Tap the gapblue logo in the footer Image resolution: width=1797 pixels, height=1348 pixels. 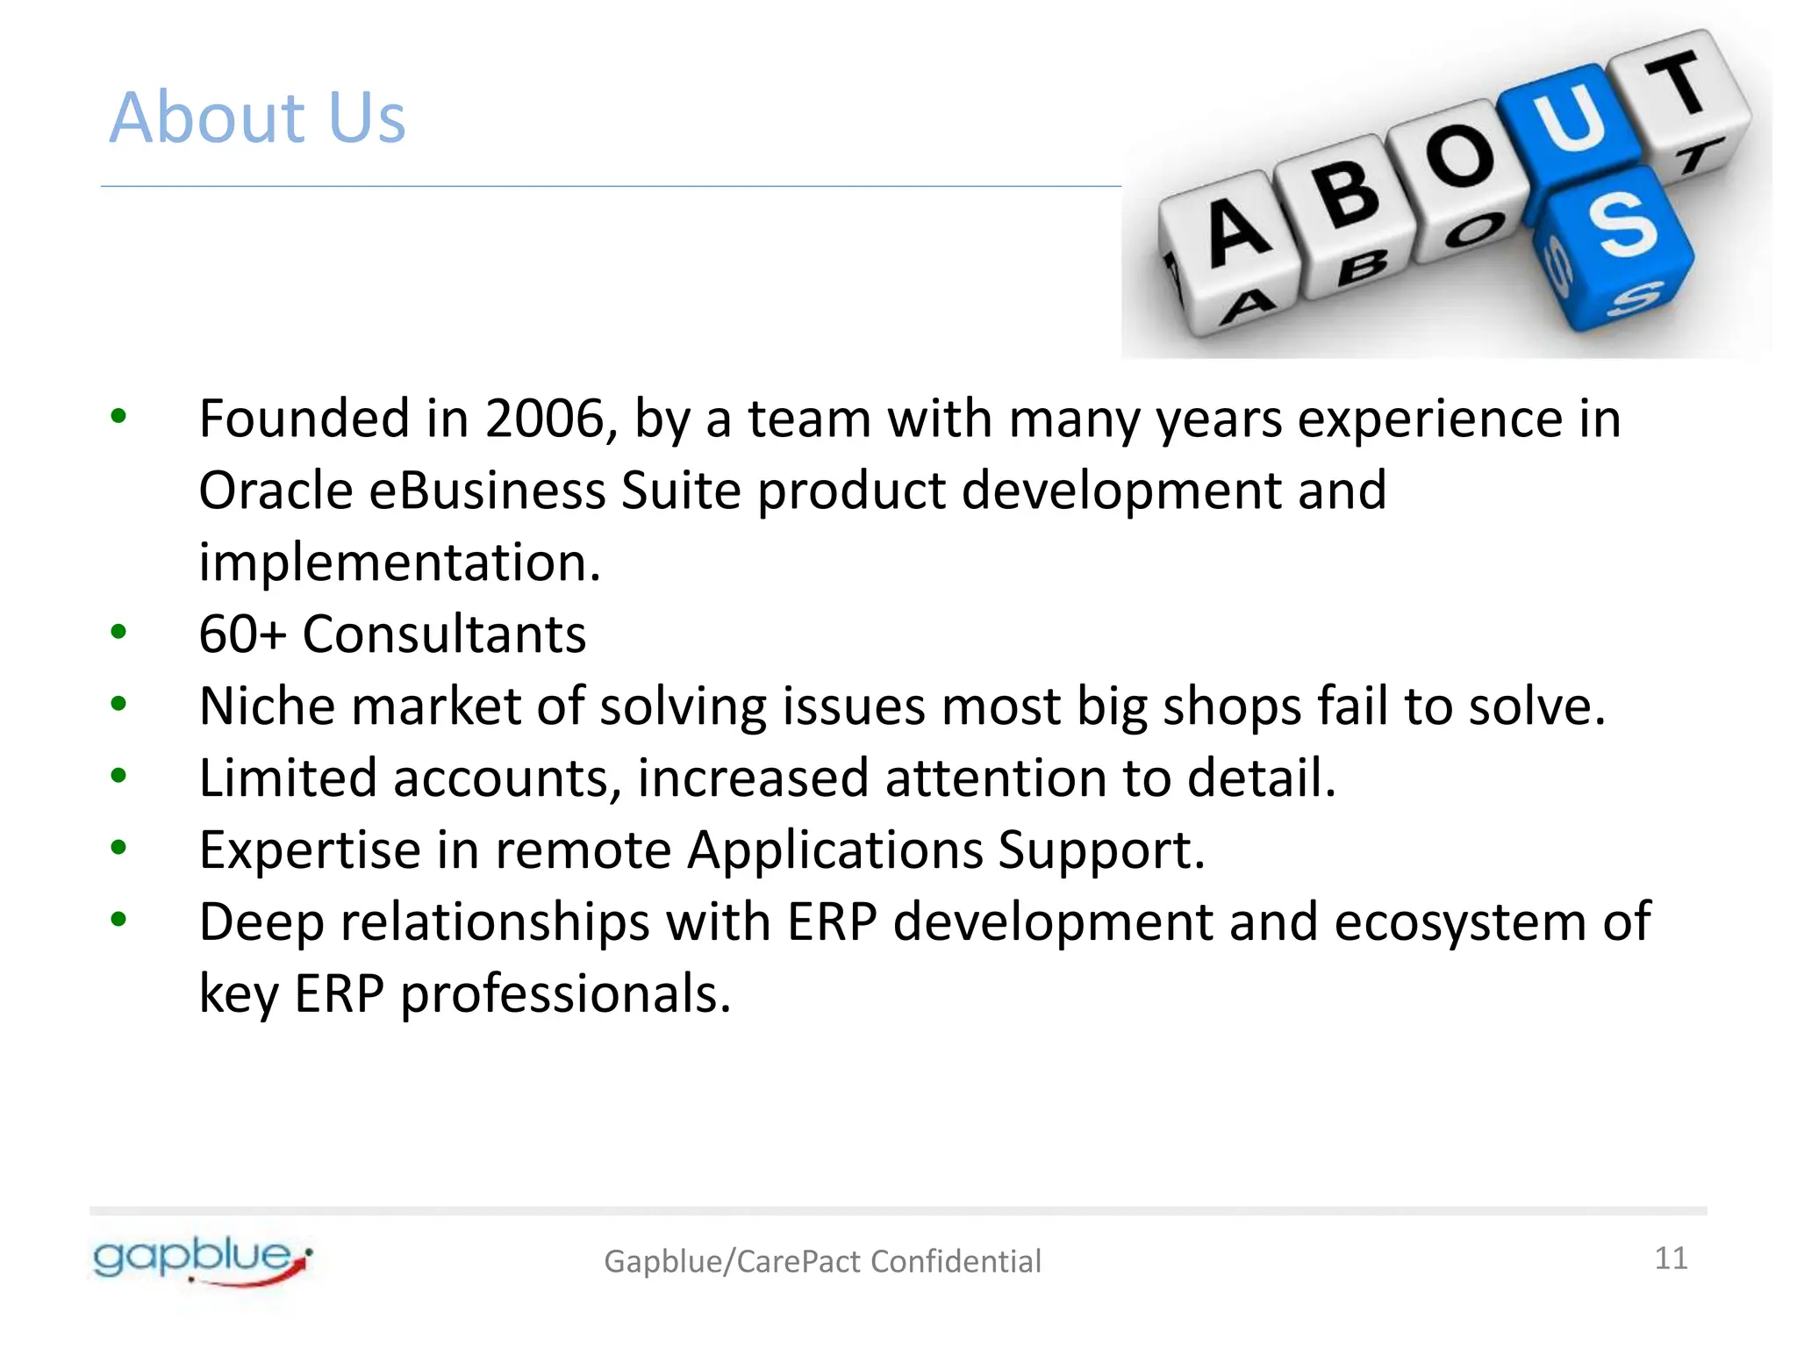(x=202, y=1260)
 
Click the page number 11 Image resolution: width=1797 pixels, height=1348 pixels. (x=1671, y=1258)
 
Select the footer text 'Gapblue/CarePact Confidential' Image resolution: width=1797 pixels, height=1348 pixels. (x=822, y=1261)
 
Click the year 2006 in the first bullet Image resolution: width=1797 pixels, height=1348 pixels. (x=545, y=419)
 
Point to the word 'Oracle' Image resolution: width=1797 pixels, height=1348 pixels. (x=275, y=491)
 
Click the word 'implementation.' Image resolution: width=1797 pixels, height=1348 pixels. (x=399, y=563)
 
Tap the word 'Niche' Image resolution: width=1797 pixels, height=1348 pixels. (x=267, y=706)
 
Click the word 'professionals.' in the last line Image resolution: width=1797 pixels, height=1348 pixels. (x=565, y=994)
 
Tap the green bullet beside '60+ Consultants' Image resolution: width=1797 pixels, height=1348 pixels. (x=118, y=632)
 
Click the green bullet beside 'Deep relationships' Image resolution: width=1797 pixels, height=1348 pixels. (x=118, y=920)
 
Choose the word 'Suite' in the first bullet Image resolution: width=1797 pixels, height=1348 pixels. (x=681, y=491)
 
